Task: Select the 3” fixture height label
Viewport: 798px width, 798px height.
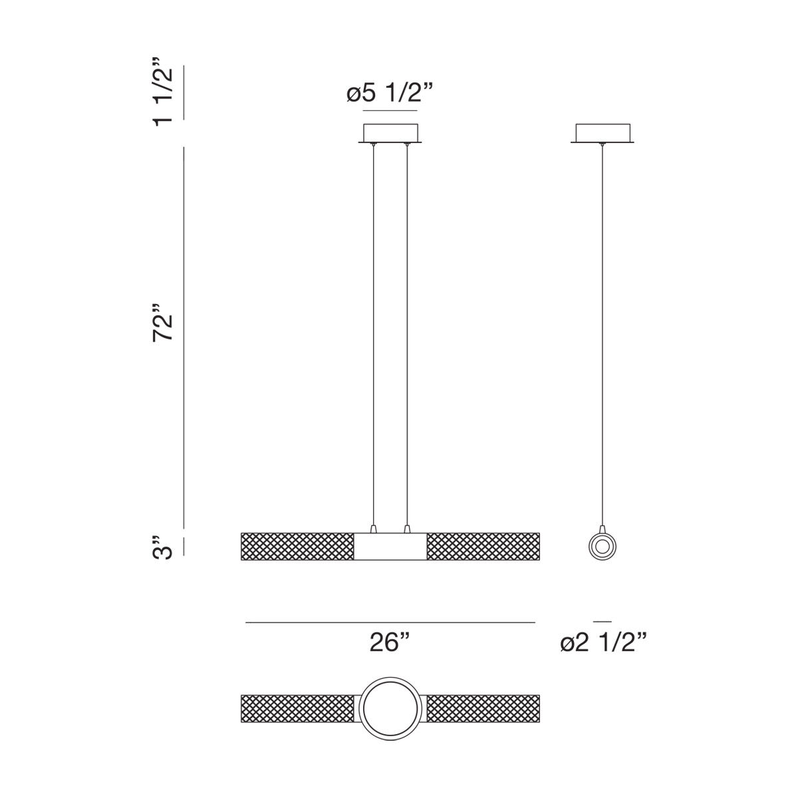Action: pyautogui.click(x=162, y=548)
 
